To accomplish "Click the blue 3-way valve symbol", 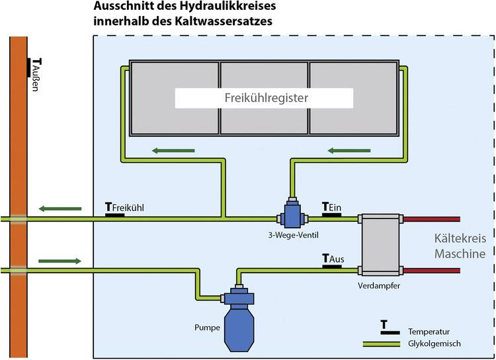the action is click(x=292, y=213).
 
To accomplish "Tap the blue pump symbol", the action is click(x=239, y=318).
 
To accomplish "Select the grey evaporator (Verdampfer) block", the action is click(x=380, y=245).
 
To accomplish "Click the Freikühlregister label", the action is click(x=267, y=98).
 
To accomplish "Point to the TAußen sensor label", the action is click(x=36, y=74).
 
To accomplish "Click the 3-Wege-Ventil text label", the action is click(x=293, y=235).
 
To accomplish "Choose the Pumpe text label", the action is click(x=207, y=328).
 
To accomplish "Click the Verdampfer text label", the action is click(x=379, y=286).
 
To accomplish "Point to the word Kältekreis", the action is click(x=460, y=238).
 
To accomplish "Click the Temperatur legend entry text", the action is click(x=429, y=332).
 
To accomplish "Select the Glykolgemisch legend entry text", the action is click(x=434, y=344).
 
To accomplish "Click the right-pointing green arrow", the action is click(x=60, y=261).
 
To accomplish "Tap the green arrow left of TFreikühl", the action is click(x=60, y=208).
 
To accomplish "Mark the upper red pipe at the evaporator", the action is click(x=432, y=219).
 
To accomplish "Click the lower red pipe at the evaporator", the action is click(x=432, y=271).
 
